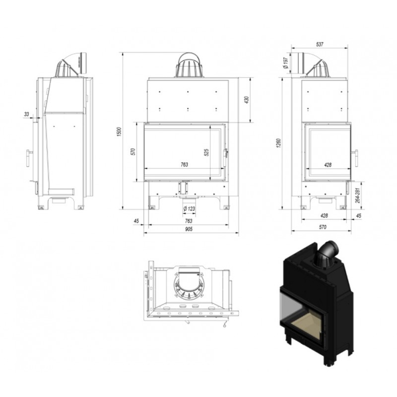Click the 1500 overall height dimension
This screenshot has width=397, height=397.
pyautogui.click(x=119, y=132)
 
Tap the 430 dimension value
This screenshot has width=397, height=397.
pyautogui.click(x=247, y=100)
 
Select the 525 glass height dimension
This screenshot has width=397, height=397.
pyautogui.click(x=206, y=152)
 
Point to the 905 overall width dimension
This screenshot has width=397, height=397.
pyautogui.click(x=189, y=229)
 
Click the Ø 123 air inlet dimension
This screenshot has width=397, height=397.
pyautogui.click(x=189, y=209)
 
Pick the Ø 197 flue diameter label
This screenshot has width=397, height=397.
pyautogui.click(x=286, y=63)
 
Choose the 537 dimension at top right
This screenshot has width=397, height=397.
pyautogui.click(x=320, y=44)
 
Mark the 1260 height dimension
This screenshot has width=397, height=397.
pyautogui.click(x=278, y=143)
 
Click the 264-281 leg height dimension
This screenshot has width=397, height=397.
pyautogui.click(x=357, y=195)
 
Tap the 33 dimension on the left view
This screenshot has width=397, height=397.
pyautogui.click(x=27, y=114)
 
